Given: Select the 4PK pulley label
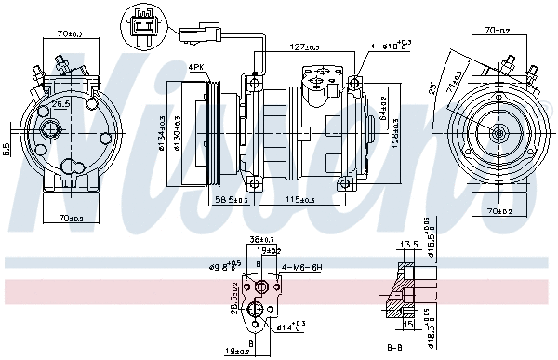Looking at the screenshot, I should [x=196, y=67].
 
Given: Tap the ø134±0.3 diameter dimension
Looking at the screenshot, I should [x=162, y=133].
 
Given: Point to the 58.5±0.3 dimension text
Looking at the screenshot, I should [x=232, y=200].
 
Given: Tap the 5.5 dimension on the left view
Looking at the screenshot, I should [x=7, y=147].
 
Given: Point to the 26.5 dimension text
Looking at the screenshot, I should [x=60, y=104].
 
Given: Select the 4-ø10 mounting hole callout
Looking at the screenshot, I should [x=391, y=46].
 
